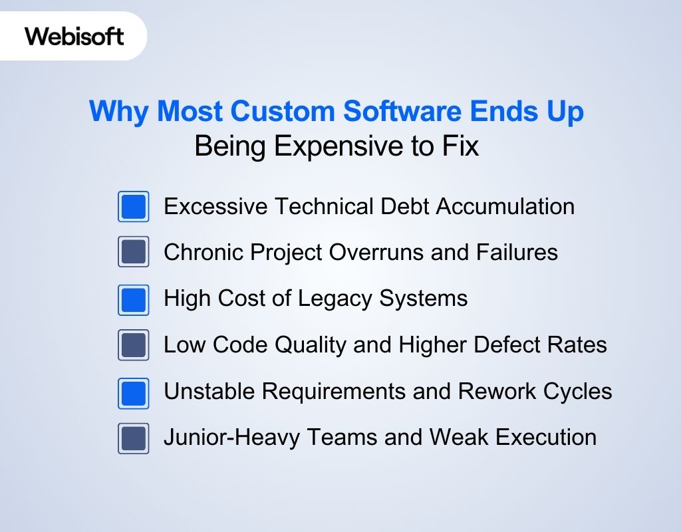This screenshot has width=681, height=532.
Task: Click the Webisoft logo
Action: coord(74,36)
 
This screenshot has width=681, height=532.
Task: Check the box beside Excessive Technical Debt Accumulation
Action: coord(134,207)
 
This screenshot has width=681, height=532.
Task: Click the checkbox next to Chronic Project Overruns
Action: coord(134,253)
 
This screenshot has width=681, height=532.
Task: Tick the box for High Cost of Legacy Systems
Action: coord(134,299)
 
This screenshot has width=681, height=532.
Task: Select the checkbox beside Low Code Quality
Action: coord(134,345)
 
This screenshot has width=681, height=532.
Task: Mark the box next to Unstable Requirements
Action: coord(134,392)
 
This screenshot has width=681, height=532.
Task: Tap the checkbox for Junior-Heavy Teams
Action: coord(134,438)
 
